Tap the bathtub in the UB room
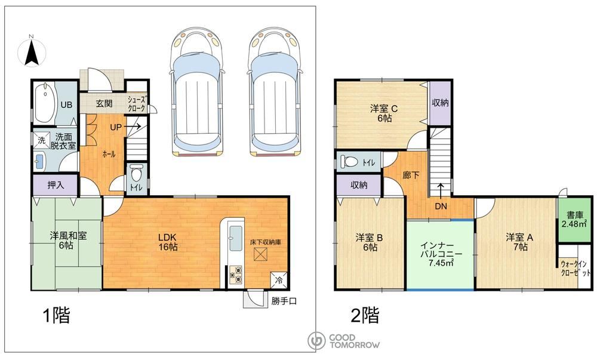click(x=45, y=102)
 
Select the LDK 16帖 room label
click(x=168, y=242)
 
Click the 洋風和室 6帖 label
click(x=68, y=241)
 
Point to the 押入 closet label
click(x=56, y=185)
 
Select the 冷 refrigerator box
click(x=278, y=281)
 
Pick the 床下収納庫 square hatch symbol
click(x=261, y=254)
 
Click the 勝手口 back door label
click(x=284, y=301)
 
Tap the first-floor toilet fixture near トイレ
click(x=136, y=174)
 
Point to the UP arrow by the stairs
click(x=133, y=127)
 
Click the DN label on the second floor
click(x=441, y=207)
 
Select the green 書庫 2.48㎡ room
click(x=575, y=219)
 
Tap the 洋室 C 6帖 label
click(x=384, y=113)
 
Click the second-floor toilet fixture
click(x=349, y=161)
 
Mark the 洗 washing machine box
click(x=41, y=140)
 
